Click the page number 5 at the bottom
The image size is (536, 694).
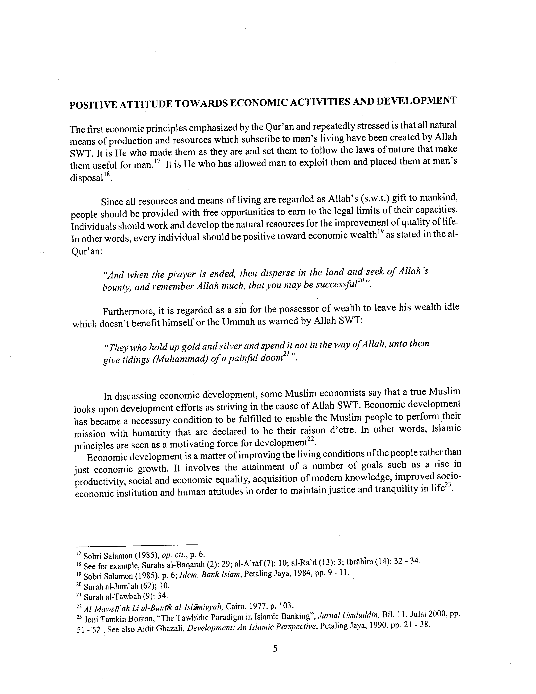[275, 649]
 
